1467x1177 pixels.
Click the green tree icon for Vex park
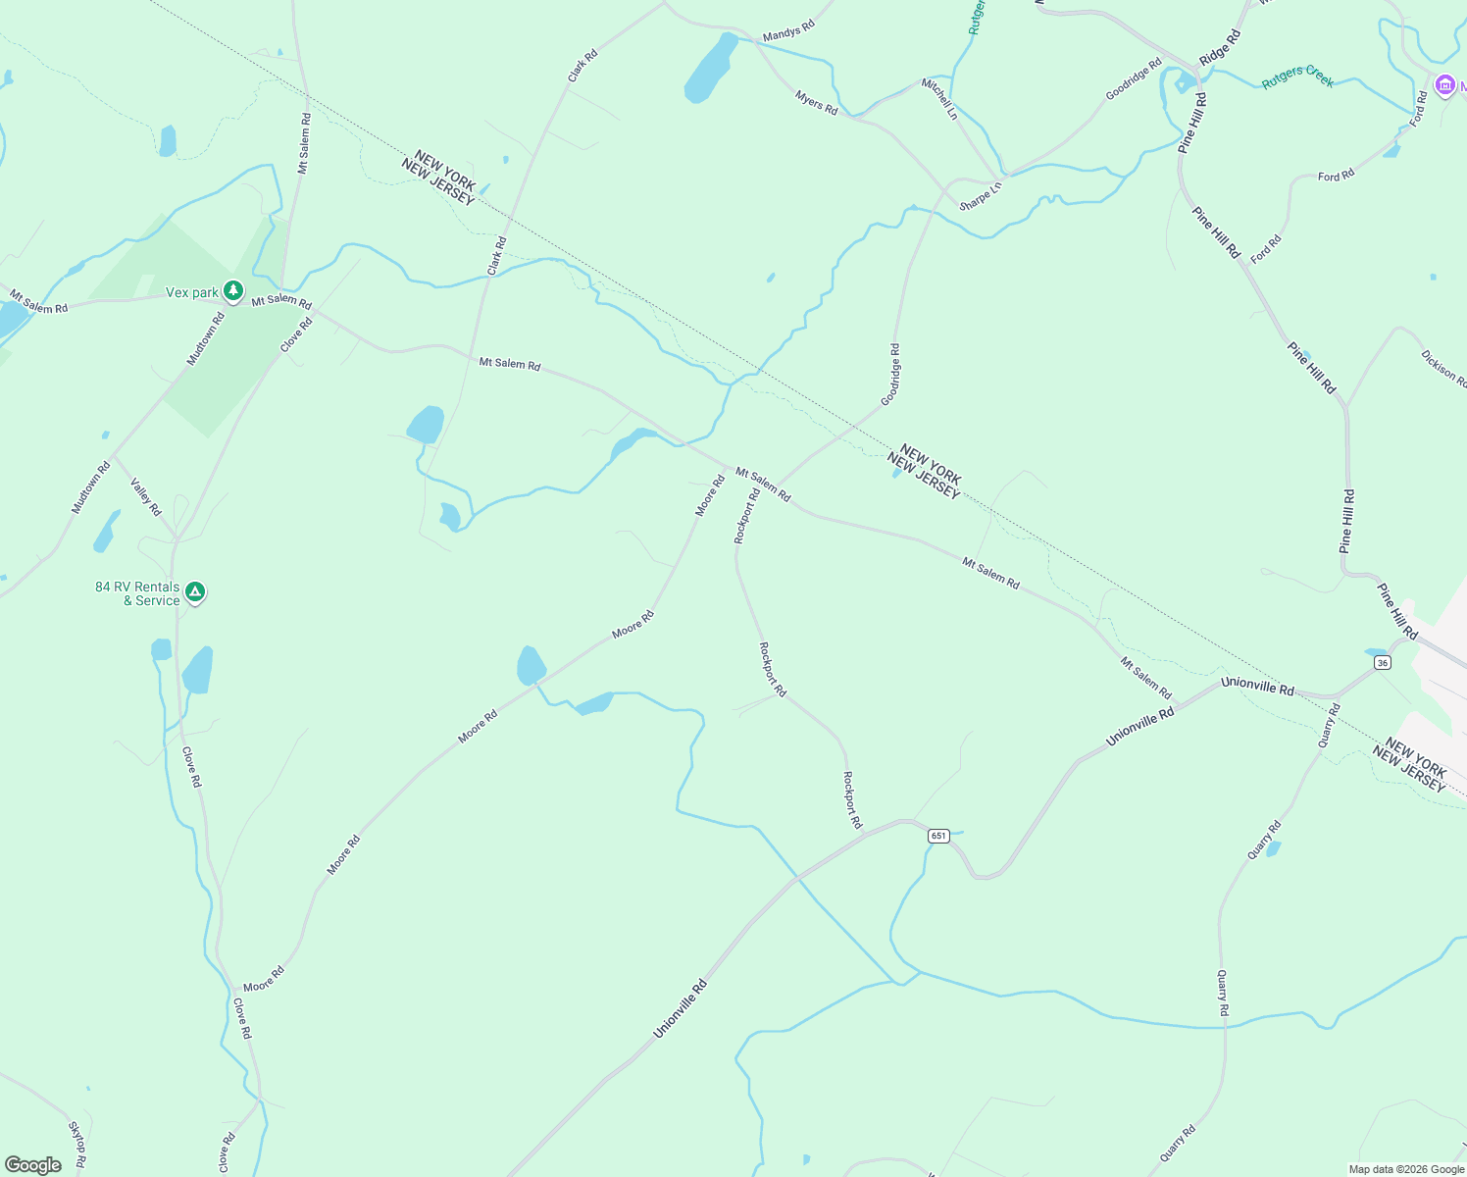coord(232,291)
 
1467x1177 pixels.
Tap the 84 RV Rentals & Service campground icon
coord(195,592)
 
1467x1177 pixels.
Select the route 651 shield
coord(938,836)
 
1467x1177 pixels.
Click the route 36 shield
coord(1383,663)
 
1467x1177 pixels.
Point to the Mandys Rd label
coord(788,32)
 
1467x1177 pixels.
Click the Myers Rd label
coord(816,103)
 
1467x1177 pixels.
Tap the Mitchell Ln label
coord(938,99)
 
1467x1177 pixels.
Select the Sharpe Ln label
coord(981,195)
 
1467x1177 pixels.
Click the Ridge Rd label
coord(1220,47)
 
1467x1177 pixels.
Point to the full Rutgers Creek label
coord(1297,77)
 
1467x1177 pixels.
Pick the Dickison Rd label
coord(1443,369)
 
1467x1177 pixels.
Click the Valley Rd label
coord(145,496)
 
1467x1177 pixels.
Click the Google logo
coord(33,1164)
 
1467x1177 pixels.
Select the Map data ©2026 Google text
coord(1406,1169)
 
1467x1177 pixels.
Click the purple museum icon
coord(1443,86)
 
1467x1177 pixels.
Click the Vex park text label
coord(192,292)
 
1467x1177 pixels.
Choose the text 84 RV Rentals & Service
coord(138,593)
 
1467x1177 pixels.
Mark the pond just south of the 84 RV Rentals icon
coord(197,670)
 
